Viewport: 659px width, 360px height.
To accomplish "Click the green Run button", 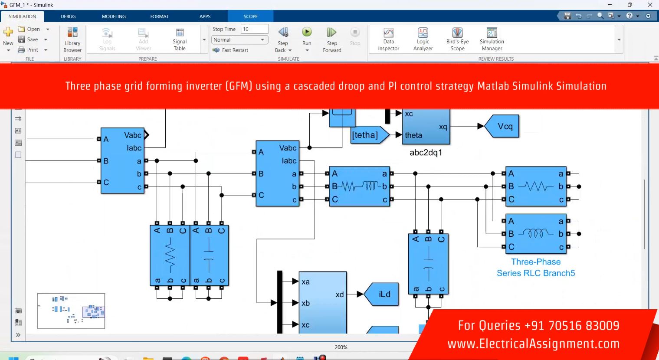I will coord(307,32).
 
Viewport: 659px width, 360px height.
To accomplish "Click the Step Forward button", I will coord(332,33).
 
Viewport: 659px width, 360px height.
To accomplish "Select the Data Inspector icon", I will coord(388,33).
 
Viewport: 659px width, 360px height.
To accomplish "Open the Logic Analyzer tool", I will coord(423,33).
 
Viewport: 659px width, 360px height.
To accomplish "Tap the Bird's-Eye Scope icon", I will coord(457,33).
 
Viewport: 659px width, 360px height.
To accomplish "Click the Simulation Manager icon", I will coord(492,33).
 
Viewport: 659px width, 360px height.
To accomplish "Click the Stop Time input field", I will coord(254,29).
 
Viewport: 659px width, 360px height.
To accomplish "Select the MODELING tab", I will coord(114,16).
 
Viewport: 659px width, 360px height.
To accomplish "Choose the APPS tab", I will coord(205,16).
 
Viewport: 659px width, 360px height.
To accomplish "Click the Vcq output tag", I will coord(502,126).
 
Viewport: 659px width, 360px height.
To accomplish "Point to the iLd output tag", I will coord(382,294).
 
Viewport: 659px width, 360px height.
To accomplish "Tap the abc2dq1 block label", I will coord(426,153).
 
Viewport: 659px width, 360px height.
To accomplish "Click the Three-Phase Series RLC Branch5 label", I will coord(536,267).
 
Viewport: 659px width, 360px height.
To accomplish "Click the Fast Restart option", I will coord(231,50).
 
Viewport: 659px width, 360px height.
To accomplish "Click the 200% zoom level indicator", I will coord(341,347).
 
